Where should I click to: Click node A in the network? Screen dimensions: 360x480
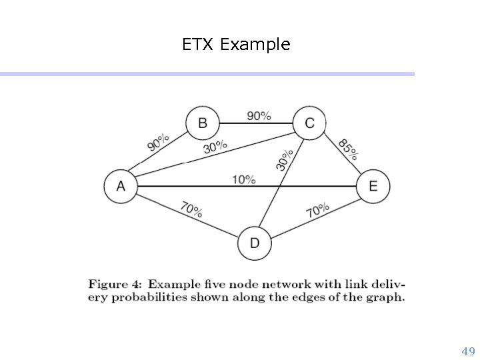[x=121, y=185]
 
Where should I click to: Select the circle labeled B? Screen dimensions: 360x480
[x=202, y=123]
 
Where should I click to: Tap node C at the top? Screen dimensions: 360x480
[x=309, y=123]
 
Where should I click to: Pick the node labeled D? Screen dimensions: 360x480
[x=254, y=243]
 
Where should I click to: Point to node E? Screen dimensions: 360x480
[x=373, y=185]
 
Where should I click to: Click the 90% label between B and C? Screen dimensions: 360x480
[x=259, y=115]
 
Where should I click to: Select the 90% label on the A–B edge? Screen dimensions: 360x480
[x=158, y=141]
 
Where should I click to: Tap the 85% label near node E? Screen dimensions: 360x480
[x=348, y=149]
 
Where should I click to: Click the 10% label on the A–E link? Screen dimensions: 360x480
[x=244, y=179]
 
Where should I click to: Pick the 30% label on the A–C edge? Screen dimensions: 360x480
[x=215, y=146]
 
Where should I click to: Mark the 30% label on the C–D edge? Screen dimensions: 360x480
[x=285, y=160]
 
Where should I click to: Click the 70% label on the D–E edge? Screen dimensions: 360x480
[x=317, y=211]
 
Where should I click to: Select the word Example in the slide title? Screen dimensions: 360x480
[x=255, y=45]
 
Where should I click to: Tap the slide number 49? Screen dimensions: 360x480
[x=468, y=351]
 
